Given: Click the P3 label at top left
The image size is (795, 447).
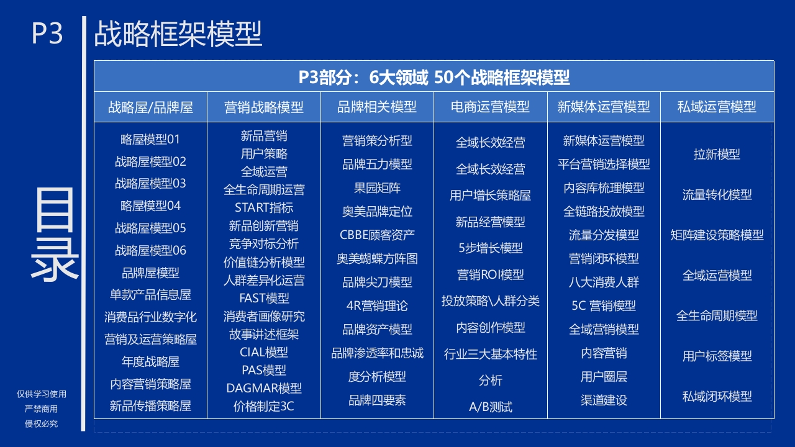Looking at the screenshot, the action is click(x=47, y=34).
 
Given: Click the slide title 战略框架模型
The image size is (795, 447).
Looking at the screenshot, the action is click(x=178, y=34).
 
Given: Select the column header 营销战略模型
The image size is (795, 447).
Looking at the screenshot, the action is click(x=264, y=107).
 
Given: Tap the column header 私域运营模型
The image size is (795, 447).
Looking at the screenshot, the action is click(x=717, y=107).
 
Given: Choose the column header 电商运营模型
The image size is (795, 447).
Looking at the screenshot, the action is click(x=490, y=107).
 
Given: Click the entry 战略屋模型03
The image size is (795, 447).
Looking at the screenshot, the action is click(x=150, y=183).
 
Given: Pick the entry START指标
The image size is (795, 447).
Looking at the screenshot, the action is click(x=264, y=207).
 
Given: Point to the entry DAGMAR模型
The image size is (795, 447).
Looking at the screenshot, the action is click(x=264, y=388).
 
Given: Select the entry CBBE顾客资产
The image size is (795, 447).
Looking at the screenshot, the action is click(x=377, y=235).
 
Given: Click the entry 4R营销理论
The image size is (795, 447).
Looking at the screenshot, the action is click(x=377, y=305).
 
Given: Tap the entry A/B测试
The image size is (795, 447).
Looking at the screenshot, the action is click(x=490, y=407).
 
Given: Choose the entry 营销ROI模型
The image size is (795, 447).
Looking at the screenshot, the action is click(x=490, y=274).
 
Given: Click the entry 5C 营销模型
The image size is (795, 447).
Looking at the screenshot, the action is click(x=603, y=305).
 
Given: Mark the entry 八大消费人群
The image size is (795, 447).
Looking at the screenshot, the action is click(x=603, y=282).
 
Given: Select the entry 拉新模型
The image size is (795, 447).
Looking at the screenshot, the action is click(x=717, y=155).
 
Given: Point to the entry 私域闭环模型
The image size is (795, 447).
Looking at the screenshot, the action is click(x=717, y=396).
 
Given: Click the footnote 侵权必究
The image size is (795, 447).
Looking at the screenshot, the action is click(x=41, y=423).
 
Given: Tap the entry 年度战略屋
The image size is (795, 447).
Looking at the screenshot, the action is click(x=150, y=361).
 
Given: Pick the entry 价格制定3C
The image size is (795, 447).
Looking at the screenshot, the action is click(x=264, y=406).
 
